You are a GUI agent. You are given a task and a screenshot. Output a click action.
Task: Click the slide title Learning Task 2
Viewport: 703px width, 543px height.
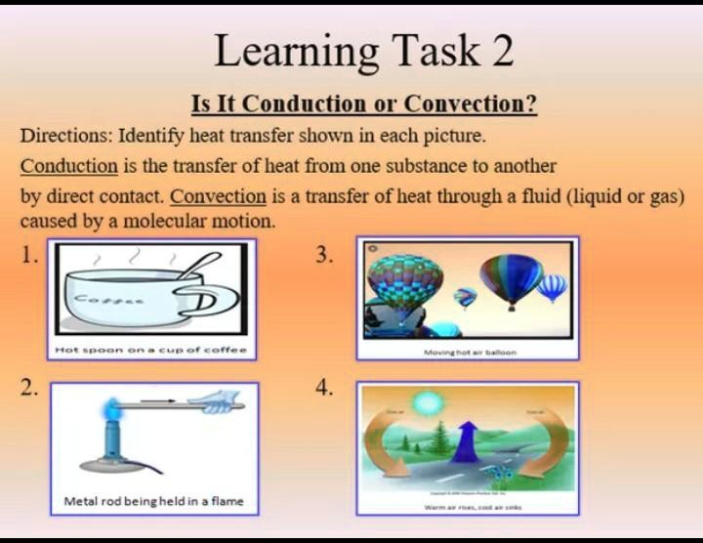click(363, 51)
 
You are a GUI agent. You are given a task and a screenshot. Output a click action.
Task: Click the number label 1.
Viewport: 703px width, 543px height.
click(29, 256)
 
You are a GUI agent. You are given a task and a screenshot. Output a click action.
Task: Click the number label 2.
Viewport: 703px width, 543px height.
click(29, 388)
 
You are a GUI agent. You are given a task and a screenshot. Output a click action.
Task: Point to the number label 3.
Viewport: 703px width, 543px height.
click(325, 256)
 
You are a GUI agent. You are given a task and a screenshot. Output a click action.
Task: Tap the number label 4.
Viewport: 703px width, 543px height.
click(325, 388)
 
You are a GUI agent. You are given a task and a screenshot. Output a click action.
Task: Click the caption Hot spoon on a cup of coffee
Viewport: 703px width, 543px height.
click(150, 349)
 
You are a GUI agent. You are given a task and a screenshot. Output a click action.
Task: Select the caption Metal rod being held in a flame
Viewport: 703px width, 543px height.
click(153, 502)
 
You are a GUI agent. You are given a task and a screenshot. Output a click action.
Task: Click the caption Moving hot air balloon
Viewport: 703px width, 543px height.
click(470, 351)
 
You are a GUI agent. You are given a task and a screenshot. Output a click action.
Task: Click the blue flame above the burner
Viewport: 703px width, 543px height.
click(113, 403)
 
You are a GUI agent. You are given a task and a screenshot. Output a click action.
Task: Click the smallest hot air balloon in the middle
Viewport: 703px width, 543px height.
click(466, 296)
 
